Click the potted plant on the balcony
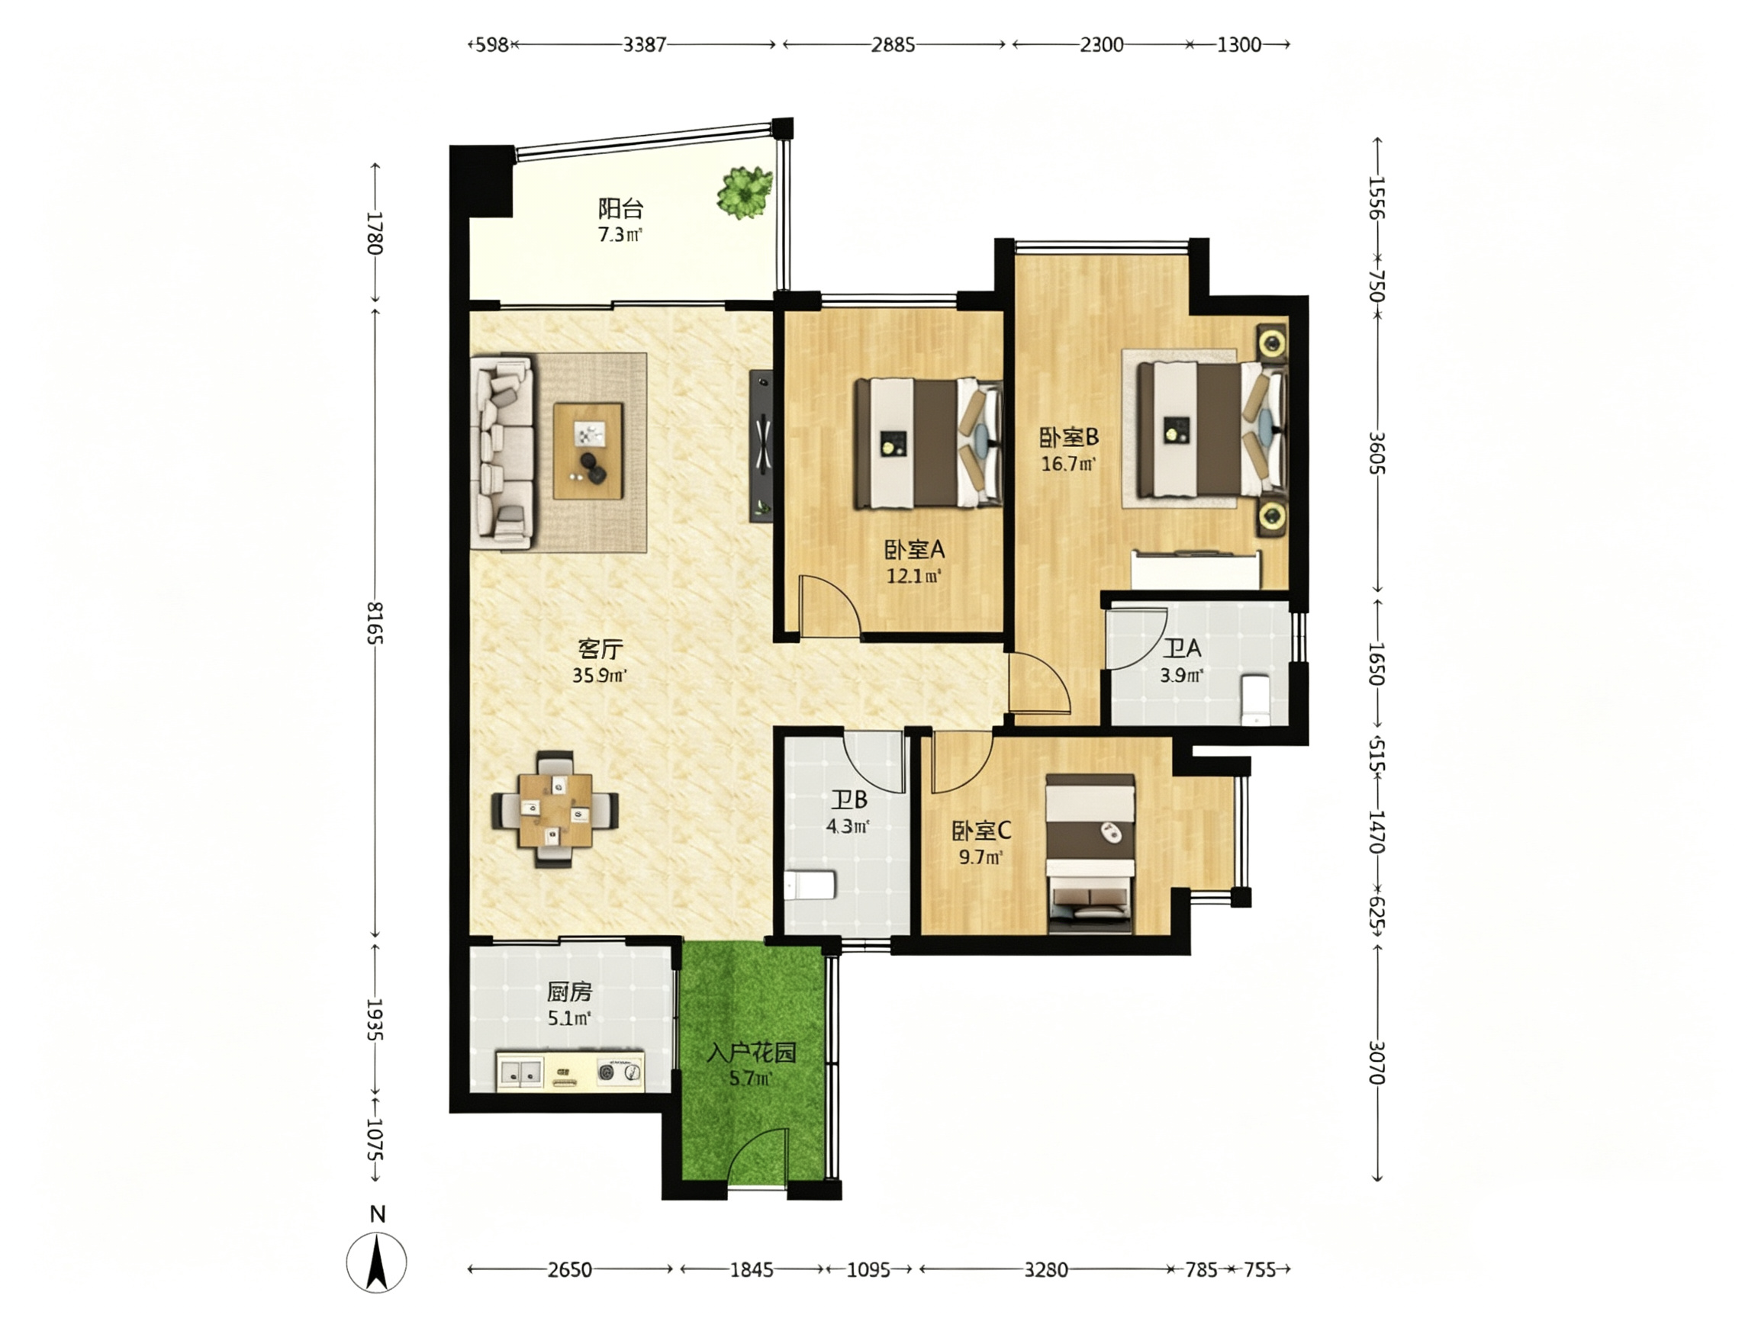(x=744, y=191)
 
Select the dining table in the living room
(x=555, y=809)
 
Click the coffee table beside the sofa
(x=588, y=452)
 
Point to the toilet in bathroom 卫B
(x=810, y=884)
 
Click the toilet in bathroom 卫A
(x=1256, y=700)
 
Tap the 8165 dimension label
(x=375, y=624)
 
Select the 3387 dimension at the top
(x=645, y=44)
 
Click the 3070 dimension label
(x=1377, y=1063)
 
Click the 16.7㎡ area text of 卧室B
(x=1069, y=464)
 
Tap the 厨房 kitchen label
(x=570, y=992)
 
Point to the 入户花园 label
(x=752, y=1054)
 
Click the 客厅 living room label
(x=600, y=649)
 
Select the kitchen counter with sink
(x=570, y=1070)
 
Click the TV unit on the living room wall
(x=761, y=445)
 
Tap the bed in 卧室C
(x=1090, y=854)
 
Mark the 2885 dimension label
(x=893, y=44)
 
